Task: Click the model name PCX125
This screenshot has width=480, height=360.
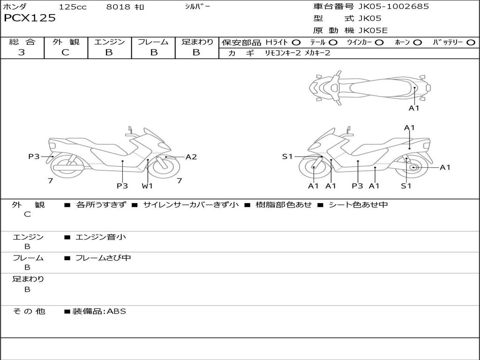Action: click(x=30, y=18)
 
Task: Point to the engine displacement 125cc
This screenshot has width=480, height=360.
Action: click(x=73, y=7)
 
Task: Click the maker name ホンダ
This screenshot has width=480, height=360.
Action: click(x=15, y=7)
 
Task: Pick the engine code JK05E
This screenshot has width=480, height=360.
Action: click(x=373, y=31)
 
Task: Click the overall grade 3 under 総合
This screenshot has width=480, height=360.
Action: click(x=22, y=52)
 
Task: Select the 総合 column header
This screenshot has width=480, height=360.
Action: click(x=22, y=42)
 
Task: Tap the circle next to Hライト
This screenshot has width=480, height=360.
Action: click(x=296, y=43)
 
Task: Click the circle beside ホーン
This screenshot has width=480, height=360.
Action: click(x=418, y=43)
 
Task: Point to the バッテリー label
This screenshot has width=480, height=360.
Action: click(x=447, y=43)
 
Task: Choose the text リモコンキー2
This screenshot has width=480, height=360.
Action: click(x=283, y=53)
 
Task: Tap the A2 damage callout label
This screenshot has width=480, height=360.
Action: click(x=191, y=157)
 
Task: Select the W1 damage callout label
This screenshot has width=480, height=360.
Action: click(x=148, y=186)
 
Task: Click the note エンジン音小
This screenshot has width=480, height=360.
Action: click(x=101, y=237)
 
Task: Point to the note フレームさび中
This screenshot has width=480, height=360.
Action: click(x=103, y=258)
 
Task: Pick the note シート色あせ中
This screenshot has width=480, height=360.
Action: click(x=358, y=205)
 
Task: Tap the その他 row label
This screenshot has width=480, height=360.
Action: click(x=29, y=311)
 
